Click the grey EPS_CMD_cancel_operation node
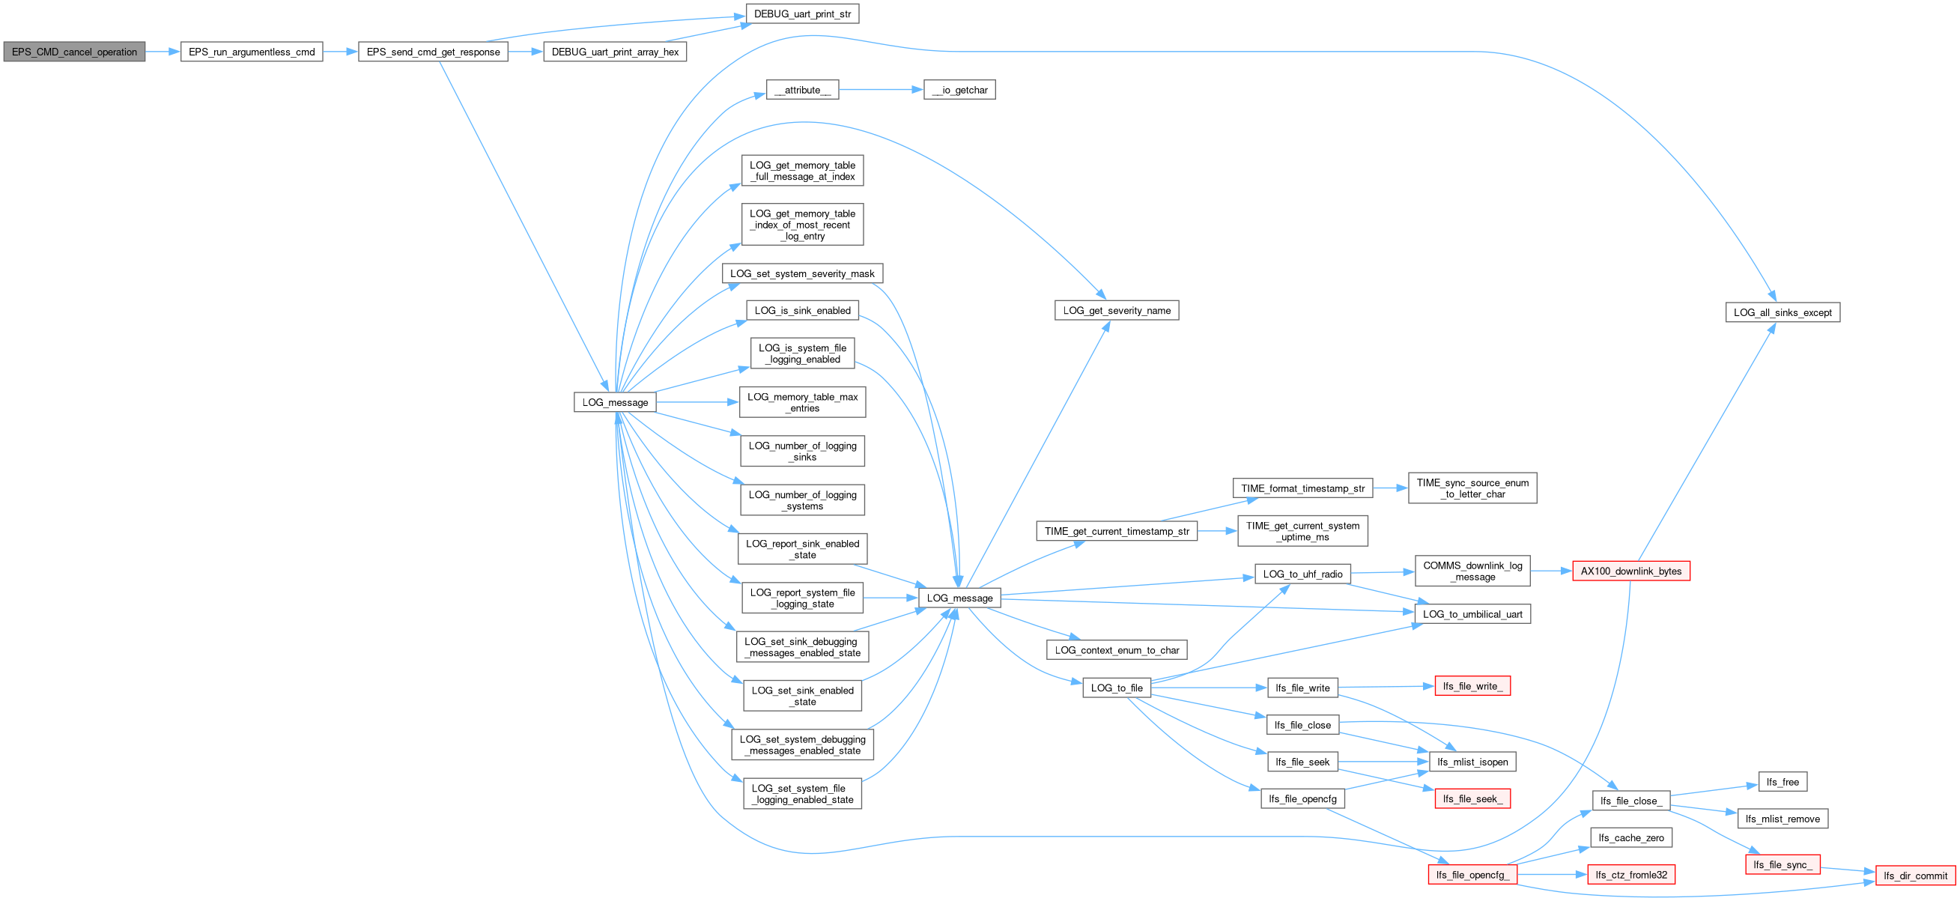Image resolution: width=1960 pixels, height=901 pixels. pos(75,52)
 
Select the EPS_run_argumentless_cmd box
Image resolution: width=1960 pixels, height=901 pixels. pos(252,52)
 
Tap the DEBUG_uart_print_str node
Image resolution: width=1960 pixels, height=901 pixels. pos(803,13)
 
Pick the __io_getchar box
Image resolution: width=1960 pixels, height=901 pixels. pos(959,90)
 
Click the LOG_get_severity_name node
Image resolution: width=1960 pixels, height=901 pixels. pos(1117,311)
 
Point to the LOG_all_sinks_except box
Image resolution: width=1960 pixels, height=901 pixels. pos(1782,313)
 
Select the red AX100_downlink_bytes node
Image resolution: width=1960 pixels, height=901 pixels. pos(1631,571)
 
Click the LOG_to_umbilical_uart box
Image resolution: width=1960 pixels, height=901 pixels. pos(1473,614)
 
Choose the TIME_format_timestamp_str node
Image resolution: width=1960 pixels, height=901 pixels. pos(1302,488)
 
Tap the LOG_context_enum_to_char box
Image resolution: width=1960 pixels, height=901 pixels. pos(1117,651)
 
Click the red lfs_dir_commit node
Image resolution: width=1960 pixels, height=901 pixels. pos(1915,876)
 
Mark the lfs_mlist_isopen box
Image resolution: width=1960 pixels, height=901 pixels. pos(1473,762)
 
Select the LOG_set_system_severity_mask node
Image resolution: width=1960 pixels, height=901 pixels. pos(803,273)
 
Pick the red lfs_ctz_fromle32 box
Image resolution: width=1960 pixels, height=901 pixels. pos(1631,875)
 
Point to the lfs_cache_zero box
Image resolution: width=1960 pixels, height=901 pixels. pos(1631,838)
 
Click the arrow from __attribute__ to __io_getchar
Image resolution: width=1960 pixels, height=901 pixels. pos(881,90)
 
